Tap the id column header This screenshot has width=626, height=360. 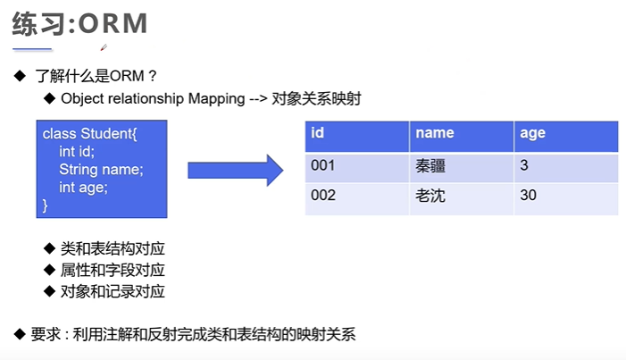coord(317,133)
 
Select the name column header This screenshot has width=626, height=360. coord(435,133)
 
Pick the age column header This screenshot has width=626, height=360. coord(532,133)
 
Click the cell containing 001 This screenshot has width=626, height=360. coord(323,165)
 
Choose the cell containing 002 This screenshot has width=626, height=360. coord(323,195)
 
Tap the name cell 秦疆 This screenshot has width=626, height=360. coord(430,165)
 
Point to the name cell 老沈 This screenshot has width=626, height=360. coord(430,195)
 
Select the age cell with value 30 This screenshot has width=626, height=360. coord(528,195)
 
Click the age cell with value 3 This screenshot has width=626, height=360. coord(523,165)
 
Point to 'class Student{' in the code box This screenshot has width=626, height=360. coord(90,134)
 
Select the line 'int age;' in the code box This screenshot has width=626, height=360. coord(83,188)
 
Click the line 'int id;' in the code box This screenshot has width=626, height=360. coord(77,152)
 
